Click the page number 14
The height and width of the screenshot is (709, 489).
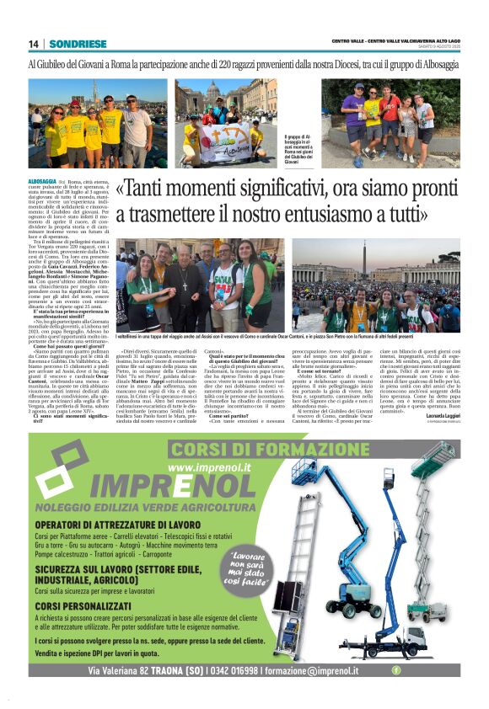[33, 44]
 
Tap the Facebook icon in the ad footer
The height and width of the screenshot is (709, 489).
[396, 670]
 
